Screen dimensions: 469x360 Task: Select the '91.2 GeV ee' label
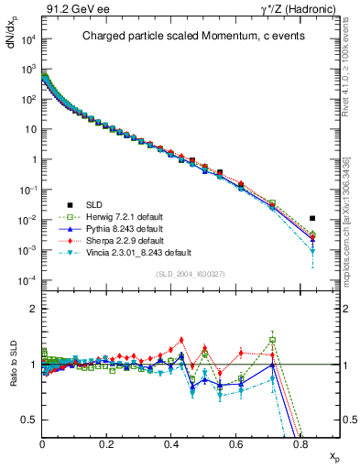[70, 8]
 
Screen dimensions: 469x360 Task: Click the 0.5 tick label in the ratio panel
[30, 420]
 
